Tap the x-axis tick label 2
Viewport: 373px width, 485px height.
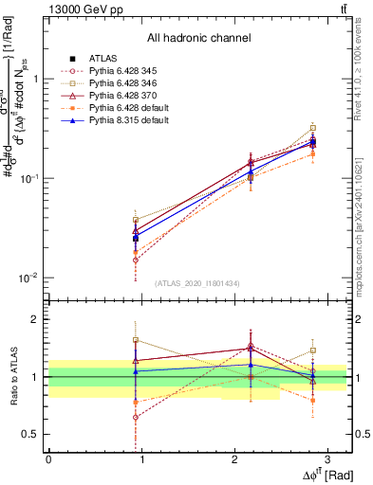click(x=233, y=458)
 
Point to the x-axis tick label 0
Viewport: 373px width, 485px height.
click(x=48, y=458)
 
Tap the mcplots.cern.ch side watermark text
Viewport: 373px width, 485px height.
click(x=363, y=218)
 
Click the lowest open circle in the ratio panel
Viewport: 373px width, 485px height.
click(x=136, y=417)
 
